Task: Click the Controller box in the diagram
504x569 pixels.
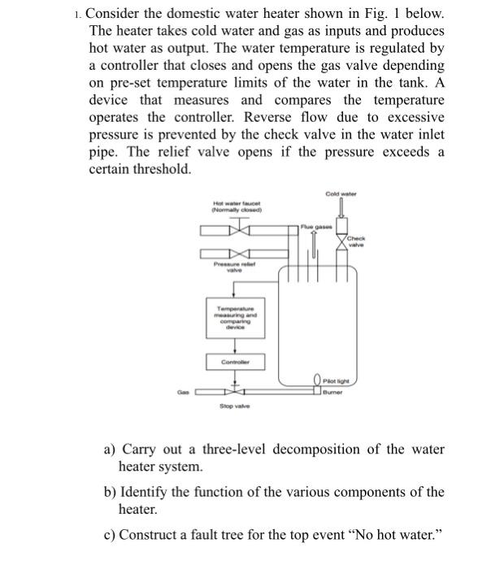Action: (234, 361)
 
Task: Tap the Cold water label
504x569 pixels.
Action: (341, 193)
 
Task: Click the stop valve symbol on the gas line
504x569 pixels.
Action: (235, 393)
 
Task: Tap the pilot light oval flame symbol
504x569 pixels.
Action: (316, 379)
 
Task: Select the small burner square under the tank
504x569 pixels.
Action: (316, 392)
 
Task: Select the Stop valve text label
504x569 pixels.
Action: (234, 406)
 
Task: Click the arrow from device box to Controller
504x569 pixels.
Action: (234, 344)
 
